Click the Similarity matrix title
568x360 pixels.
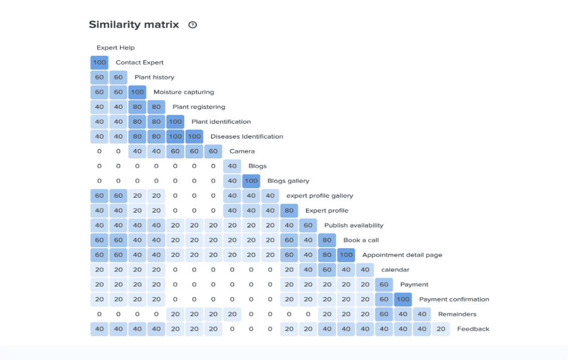coord(134,25)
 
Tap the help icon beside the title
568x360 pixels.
coord(193,25)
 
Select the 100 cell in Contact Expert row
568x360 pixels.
coord(99,63)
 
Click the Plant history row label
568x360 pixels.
coord(154,77)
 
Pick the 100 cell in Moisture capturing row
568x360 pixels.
coord(137,92)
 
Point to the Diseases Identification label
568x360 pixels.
coord(246,136)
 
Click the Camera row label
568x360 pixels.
coord(242,151)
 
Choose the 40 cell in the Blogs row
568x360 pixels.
coord(232,166)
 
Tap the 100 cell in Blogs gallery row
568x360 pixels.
coord(251,181)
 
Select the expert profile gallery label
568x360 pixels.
coord(320,196)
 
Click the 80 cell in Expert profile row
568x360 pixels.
coord(289,211)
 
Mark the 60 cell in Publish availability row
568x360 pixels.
coord(308,225)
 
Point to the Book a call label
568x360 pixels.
coord(361,240)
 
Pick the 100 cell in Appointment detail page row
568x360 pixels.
coord(346,255)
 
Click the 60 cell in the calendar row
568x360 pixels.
coord(327,270)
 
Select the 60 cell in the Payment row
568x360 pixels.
coord(384,284)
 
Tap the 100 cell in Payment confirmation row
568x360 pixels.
coord(403,299)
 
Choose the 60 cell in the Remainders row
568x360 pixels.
coord(384,314)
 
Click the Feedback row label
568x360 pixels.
coord(473,329)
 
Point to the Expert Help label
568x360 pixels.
coord(115,48)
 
